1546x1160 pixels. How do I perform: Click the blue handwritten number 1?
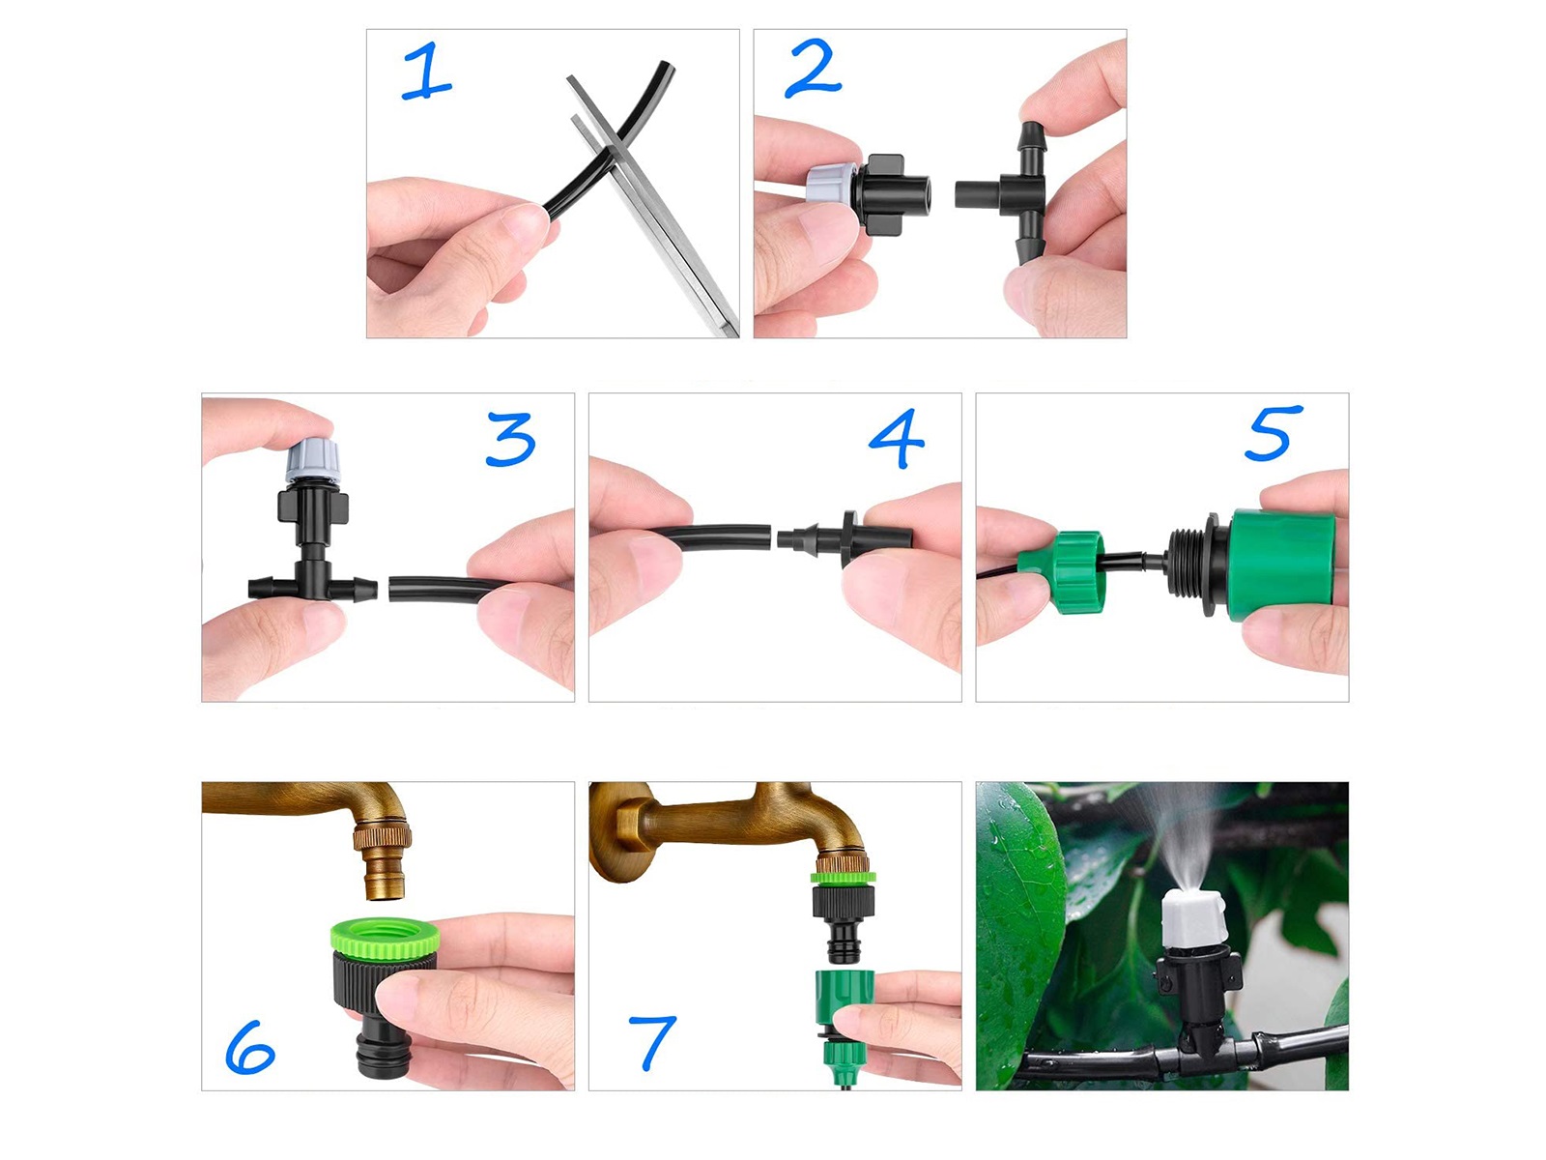(426, 71)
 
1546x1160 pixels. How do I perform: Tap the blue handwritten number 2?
(812, 69)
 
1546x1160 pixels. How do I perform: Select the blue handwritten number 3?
(510, 439)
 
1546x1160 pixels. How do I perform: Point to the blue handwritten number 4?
(896, 438)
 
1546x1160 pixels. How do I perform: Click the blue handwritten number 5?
(1273, 432)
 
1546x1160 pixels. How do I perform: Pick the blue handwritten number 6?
(250, 1047)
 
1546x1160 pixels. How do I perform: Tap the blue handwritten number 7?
(651, 1042)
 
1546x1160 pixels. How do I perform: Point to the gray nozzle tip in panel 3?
(312, 459)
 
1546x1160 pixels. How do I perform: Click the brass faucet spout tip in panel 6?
(386, 881)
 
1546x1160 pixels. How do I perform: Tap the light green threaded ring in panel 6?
(385, 937)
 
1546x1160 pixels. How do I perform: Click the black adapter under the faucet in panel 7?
(844, 915)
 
